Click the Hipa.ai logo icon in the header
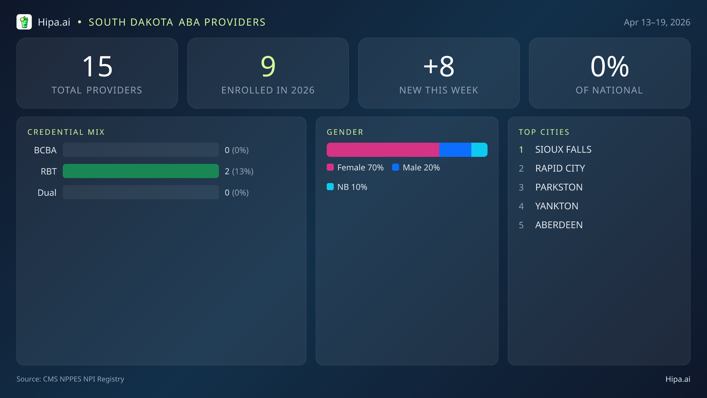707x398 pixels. coord(24,22)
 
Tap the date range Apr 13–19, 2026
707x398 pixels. coord(657,22)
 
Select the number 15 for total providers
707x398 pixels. coord(97,67)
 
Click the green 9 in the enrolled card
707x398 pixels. coord(268,67)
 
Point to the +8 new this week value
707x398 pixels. coord(439,67)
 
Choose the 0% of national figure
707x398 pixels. coord(609,67)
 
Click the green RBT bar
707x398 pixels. coord(141,171)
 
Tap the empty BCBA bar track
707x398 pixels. coord(141,150)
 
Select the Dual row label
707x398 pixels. coord(47,193)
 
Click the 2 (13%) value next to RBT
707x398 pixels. coord(239,171)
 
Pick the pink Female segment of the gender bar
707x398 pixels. coord(383,150)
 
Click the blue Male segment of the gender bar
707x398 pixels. coord(455,150)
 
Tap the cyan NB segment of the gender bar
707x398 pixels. coord(479,150)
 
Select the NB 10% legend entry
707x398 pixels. coord(347,187)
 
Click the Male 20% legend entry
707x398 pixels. coord(416,167)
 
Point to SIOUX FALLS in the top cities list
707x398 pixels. coord(563,149)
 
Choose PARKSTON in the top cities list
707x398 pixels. coord(559,187)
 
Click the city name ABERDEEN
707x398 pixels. coord(559,225)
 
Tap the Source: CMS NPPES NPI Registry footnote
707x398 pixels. coord(70,379)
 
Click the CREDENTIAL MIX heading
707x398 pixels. coord(66,132)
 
